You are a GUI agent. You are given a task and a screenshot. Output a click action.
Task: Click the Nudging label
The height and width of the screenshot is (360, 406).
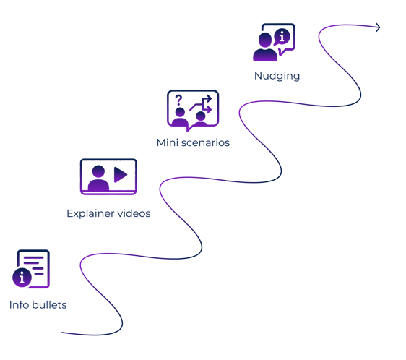(x=277, y=76)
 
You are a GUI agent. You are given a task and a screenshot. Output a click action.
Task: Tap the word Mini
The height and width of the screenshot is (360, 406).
(x=168, y=142)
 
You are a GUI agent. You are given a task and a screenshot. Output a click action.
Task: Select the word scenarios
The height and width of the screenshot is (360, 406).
(x=205, y=143)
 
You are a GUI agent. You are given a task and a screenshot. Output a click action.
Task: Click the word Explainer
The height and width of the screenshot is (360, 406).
(x=90, y=213)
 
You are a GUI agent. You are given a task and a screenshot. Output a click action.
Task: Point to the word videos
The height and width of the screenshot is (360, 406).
(x=134, y=213)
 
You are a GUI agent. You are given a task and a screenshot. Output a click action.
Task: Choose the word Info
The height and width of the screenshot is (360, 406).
(x=19, y=305)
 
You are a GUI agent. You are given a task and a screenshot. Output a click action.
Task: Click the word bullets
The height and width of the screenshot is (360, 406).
(x=49, y=305)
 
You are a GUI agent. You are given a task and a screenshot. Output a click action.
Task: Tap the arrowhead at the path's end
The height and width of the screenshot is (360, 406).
(x=378, y=27)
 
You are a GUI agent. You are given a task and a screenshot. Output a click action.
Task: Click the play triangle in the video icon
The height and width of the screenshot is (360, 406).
(x=121, y=174)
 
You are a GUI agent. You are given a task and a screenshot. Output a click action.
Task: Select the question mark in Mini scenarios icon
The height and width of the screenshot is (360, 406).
(x=178, y=100)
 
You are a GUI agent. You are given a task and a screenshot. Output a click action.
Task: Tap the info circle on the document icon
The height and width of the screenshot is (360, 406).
(x=22, y=278)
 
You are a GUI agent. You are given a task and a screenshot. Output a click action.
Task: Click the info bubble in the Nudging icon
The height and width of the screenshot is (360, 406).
(x=282, y=36)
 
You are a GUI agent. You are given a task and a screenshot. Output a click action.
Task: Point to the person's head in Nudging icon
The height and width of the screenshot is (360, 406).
(x=265, y=40)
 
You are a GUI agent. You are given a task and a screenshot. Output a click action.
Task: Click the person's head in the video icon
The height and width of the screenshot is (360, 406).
(x=98, y=171)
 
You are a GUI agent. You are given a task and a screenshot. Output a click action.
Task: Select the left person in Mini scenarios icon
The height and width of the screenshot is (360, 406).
(x=180, y=116)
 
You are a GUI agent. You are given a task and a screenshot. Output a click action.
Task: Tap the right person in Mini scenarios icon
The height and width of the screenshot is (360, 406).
(x=201, y=119)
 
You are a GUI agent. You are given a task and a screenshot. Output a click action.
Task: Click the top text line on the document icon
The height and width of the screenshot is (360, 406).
(x=34, y=257)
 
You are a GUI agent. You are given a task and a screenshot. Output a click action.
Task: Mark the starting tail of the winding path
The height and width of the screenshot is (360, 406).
(x=62, y=333)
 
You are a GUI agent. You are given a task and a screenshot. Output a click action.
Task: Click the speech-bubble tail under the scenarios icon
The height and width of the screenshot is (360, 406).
(x=189, y=128)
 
